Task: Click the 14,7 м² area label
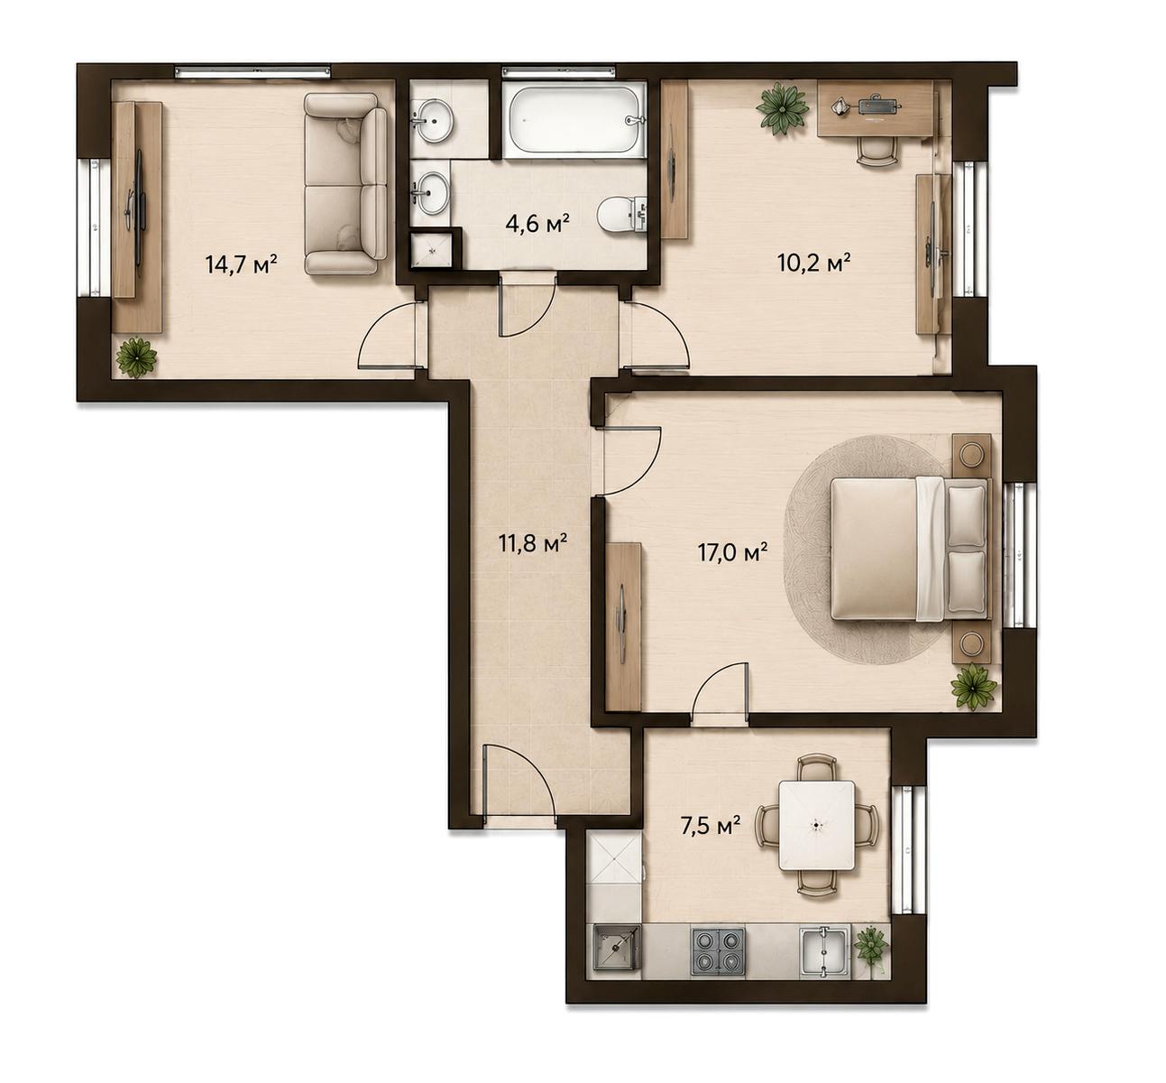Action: tap(241, 264)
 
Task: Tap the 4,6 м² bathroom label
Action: tap(537, 223)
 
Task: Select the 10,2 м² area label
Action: tap(814, 262)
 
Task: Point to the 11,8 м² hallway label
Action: tap(533, 542)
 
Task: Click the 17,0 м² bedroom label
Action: tap(733, 552)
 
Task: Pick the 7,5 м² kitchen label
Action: tap(710, 826)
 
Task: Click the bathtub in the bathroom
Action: tap(574, 120)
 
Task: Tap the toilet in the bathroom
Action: tap(621, 215)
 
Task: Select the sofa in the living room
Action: tap(345, 184)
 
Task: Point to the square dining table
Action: tap(817, 826)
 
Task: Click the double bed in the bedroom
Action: tap(910, 548)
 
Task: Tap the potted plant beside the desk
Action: tap(781, 106)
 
